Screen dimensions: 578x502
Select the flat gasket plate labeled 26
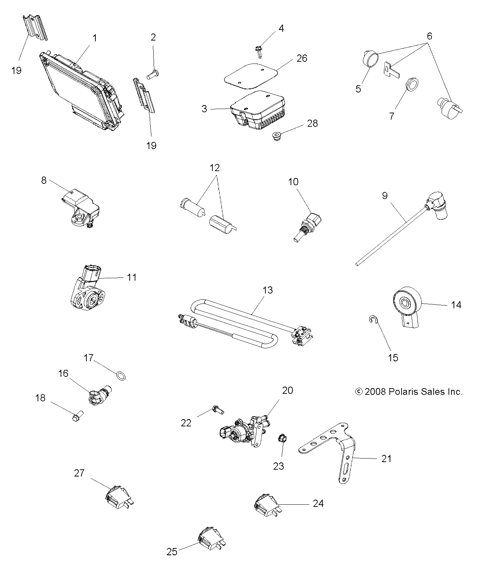coord(252,75)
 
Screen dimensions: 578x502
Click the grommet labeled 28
coord(276,137)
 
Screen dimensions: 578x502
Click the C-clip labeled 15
coord(373,319)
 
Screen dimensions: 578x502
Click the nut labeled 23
coord(282,439)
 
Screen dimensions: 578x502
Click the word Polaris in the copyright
coord(400,391)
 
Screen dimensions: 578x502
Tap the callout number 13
coord(268,290)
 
